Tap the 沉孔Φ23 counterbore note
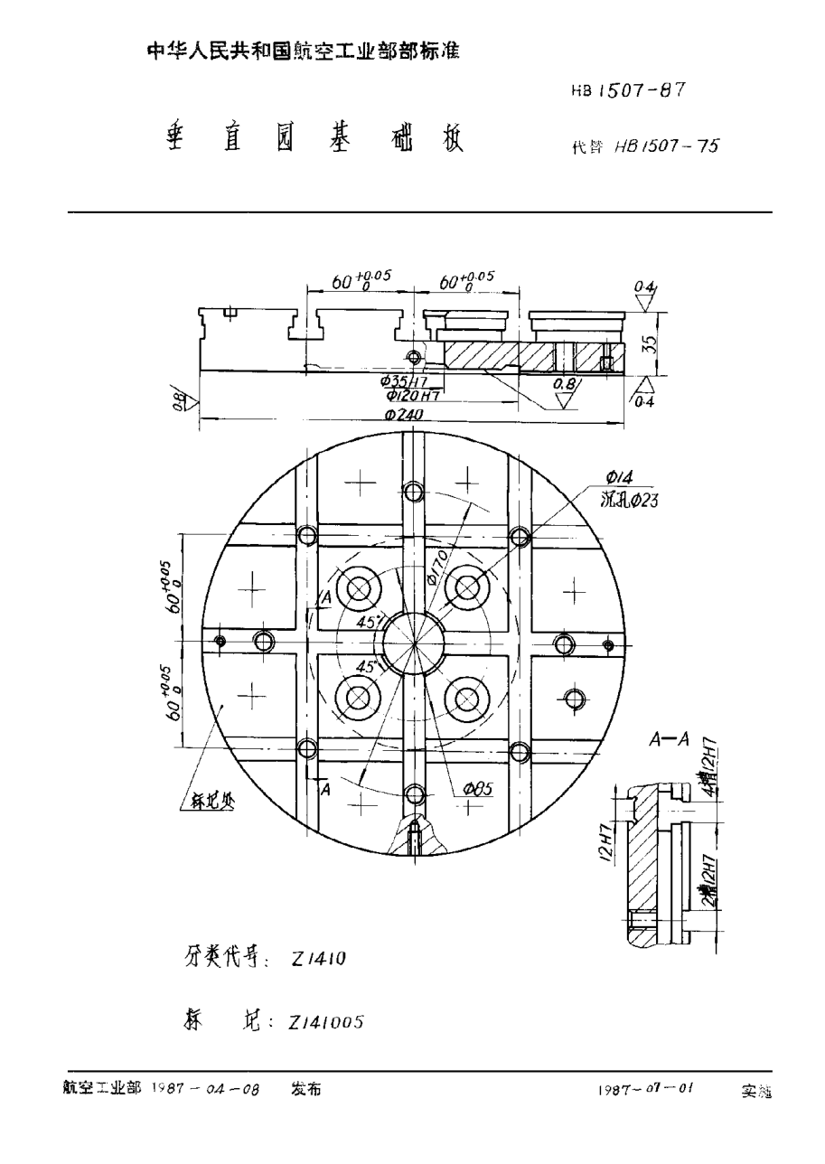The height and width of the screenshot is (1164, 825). pos(630,499)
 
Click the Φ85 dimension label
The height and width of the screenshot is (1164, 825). pos(477,789)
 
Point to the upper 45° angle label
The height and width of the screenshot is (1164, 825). pos(370,623)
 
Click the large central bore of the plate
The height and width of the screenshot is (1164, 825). pos(414,643)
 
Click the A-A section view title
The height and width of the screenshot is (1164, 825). pos(670,739)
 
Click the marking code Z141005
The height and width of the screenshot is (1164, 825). pos(326,1022)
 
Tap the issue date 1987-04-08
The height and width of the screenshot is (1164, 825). pos(205,1091)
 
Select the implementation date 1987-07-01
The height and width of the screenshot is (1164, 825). pos(644,1091)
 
